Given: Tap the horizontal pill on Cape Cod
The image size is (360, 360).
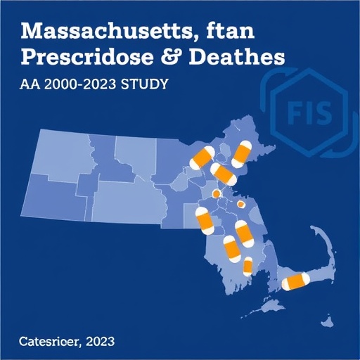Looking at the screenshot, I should point(296,282).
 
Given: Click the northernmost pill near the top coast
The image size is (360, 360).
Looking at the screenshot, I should point(243,153).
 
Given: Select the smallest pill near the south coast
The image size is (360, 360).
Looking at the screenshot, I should point(248,266).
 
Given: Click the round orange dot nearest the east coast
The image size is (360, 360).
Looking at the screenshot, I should point(241,205).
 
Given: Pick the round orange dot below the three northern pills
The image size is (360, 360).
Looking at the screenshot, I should point(217,193).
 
